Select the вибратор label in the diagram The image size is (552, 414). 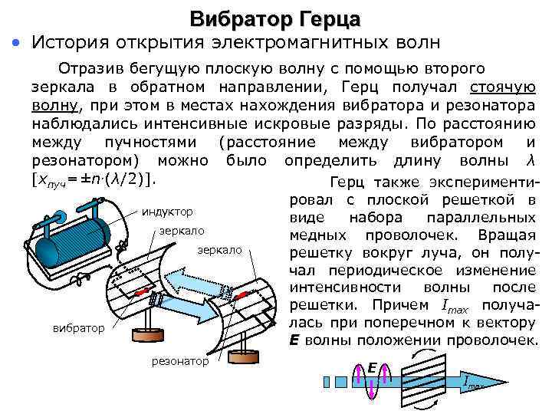point(79,328)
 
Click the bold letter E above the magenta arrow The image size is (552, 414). point(370,369)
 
